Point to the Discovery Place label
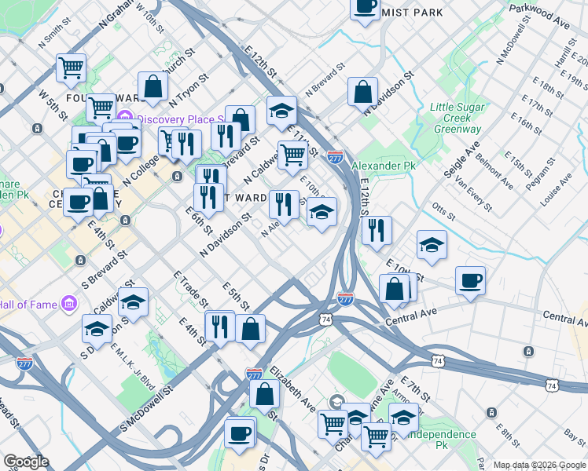point(182,120)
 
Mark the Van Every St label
point(473,195)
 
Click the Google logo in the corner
point(26,462)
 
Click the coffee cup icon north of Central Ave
point(470,281)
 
